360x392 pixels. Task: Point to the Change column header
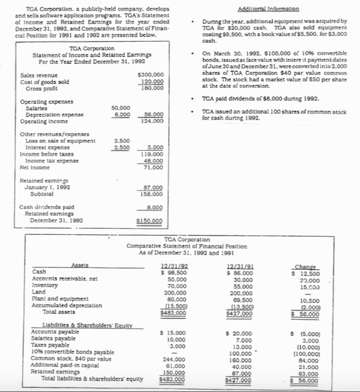tap(305, 266)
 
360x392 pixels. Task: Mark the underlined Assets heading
tap(79, 265)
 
